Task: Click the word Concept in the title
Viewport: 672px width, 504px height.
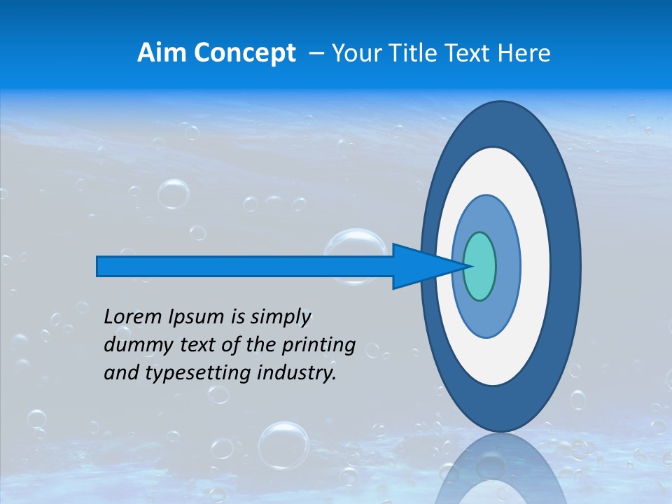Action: click(x=244, y=53)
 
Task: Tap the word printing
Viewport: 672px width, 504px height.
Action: click(x=318, y=345)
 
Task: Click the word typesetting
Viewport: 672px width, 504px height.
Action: click(x=188, y=373)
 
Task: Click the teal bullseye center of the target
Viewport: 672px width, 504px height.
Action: click(x=479, y=266)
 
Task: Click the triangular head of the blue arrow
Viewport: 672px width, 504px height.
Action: click(x=420, y=266)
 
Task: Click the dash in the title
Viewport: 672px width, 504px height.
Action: click(x=316, y=53)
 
